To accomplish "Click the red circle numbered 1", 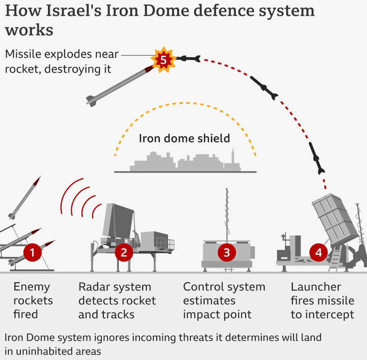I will pyautogui.click(x=32, y=252).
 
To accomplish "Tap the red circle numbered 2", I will pyautogui.click(x=124, y=252).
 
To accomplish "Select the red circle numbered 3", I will pyautogui.click(x=227, y=252).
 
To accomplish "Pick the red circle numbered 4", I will pyautogui.click(x=318, y=252).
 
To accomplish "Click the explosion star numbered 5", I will pyautogui.click(x=163, y=60).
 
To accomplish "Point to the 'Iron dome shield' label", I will pyautogui.click(x=185, y=138).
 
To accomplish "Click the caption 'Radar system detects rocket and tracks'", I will pyautogui.click(x=117, y=300).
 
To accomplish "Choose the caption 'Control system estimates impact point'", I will pyautogui.click(x=224, y=300).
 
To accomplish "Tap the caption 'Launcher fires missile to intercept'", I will pyautogui.click(x=322, y=300).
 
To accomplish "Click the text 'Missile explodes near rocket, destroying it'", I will pyautogui.click(x=61, y=61).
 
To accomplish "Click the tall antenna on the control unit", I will pyautogui.click(x=227, y=214).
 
